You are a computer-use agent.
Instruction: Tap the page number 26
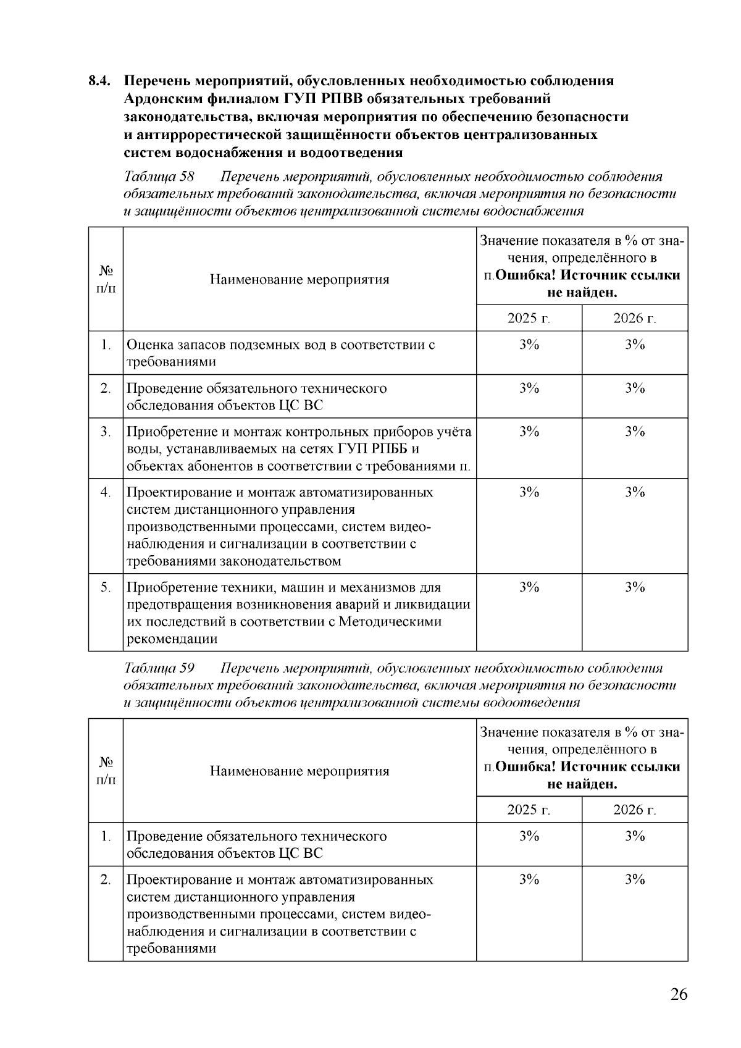coord(678,995)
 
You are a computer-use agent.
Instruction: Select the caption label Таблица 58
coord(160,177)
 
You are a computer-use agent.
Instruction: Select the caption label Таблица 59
coord(160,668)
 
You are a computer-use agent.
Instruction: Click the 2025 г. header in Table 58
coord(529,319)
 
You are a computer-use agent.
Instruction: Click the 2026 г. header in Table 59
coord(634,810)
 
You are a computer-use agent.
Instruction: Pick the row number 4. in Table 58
coord(106,492)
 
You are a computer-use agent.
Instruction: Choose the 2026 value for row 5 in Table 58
coord(634,587)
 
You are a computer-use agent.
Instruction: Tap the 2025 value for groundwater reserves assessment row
coord(529,345)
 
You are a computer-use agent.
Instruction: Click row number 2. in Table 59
coord(106,879)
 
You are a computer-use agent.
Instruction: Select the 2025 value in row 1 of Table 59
coord(529,836)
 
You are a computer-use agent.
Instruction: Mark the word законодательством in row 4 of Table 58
coord(281,561)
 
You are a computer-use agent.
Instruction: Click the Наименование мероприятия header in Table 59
coord(299,771)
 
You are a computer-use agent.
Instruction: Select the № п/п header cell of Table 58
coord(106,279)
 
